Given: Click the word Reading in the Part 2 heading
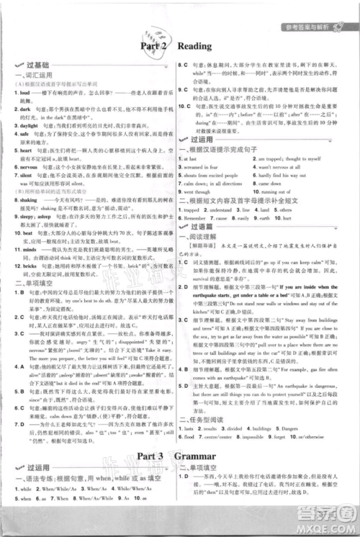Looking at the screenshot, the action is [x=194, y=46].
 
